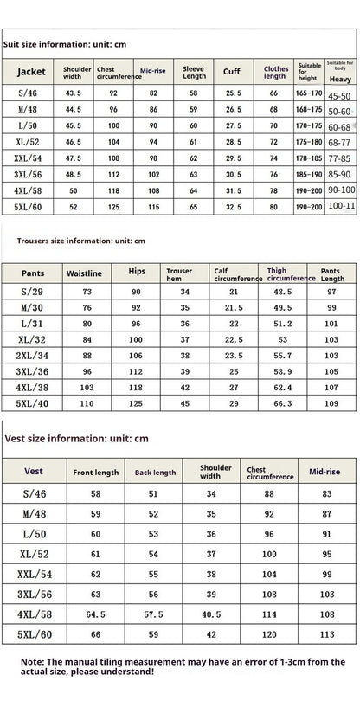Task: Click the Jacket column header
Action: (30, 72)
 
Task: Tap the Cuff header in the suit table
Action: (232, 72)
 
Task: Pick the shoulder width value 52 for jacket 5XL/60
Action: (73, 207)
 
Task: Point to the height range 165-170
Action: (308, 91)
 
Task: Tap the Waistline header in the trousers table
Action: (84, 273)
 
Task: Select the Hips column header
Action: (135, 272)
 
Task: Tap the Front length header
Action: (95, 473)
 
